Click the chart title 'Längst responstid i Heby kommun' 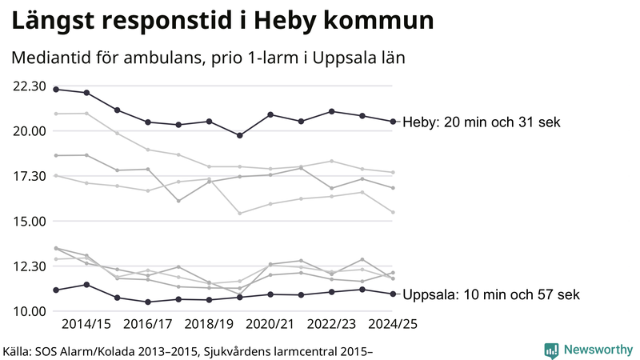pos(223,22)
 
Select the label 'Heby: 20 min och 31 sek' pos(482,122)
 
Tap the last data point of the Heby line pos(393,122)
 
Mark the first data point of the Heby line pos(56,89)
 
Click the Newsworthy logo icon pos(551,350)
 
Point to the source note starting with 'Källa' pos(189,350)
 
